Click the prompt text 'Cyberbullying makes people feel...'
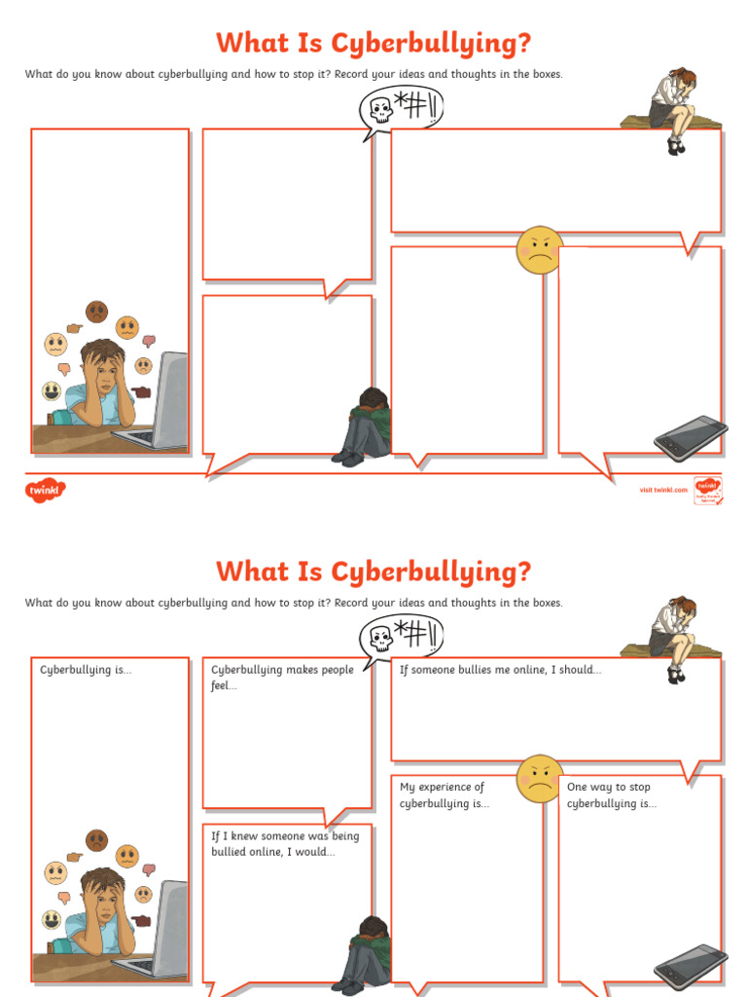pos(282,678)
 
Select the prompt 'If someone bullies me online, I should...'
pos(500,670)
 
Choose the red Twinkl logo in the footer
pos(43,489)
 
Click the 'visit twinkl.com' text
pos(662,490)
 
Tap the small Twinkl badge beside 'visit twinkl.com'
pos(706,489)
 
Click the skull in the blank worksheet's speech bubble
pos(380,110)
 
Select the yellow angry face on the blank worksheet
pos(539,250)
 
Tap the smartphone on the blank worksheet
pos(691,437)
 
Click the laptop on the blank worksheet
pos(160,401)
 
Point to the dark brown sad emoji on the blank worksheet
pos(96,312)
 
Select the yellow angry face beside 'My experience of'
pos(539,779)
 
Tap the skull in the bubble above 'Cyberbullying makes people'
pos(380,639)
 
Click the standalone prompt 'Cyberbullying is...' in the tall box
pos(86,670)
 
